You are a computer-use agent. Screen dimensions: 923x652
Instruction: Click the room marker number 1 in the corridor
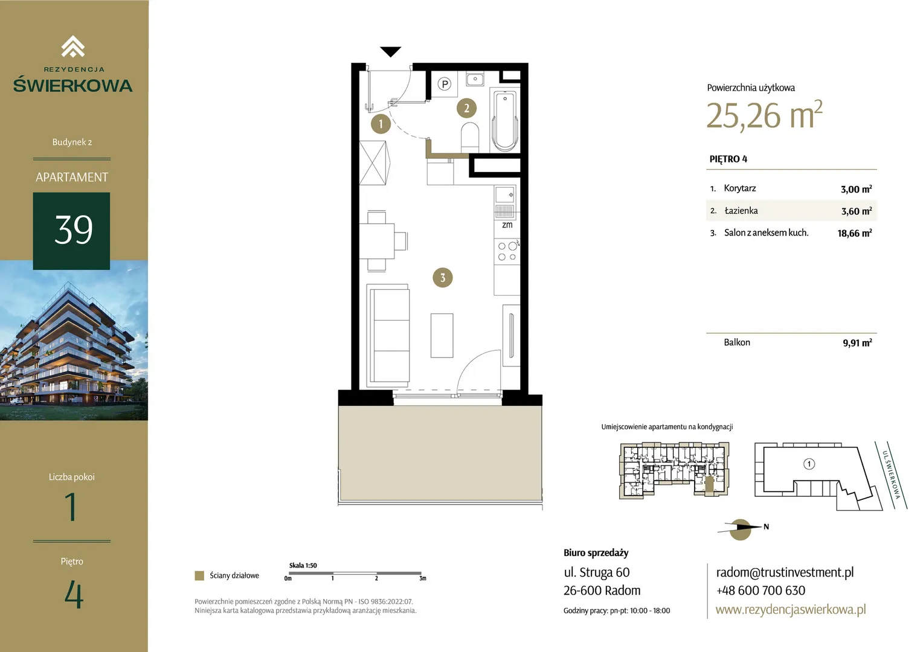click(381, 124)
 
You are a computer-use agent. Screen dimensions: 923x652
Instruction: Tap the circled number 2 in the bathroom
click(466, 108)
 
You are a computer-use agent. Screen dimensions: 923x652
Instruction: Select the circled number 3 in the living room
click(443, 278)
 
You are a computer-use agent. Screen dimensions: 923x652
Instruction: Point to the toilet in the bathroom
click(470, 137)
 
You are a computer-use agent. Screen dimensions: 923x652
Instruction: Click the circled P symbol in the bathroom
click(445, 85)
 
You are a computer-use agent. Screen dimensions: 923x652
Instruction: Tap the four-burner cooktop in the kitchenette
click(507, 251)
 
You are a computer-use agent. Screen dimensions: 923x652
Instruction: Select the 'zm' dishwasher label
click(507, 225)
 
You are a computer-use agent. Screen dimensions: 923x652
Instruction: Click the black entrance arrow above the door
click(390, 51)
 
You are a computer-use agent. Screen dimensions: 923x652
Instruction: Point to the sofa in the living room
click(388, 335)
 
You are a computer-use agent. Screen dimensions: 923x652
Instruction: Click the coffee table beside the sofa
click(442, 335)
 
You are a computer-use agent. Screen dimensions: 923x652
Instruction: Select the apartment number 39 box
click(71, 231)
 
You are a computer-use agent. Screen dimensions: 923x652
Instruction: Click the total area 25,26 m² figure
click(764, 115)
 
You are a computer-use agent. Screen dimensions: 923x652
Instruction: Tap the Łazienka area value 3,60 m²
click(856, 211)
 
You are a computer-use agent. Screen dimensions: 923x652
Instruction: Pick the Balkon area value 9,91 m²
click(857, 343)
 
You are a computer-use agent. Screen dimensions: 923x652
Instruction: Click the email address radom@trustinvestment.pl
click(785, 572)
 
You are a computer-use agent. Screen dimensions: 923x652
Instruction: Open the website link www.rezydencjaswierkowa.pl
click(791, 609)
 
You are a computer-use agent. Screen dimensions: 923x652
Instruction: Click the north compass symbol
click(741, 529)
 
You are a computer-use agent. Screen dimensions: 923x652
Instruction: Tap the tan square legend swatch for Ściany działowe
click(199, 575)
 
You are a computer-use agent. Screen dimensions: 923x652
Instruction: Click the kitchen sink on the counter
click(505, 195)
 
